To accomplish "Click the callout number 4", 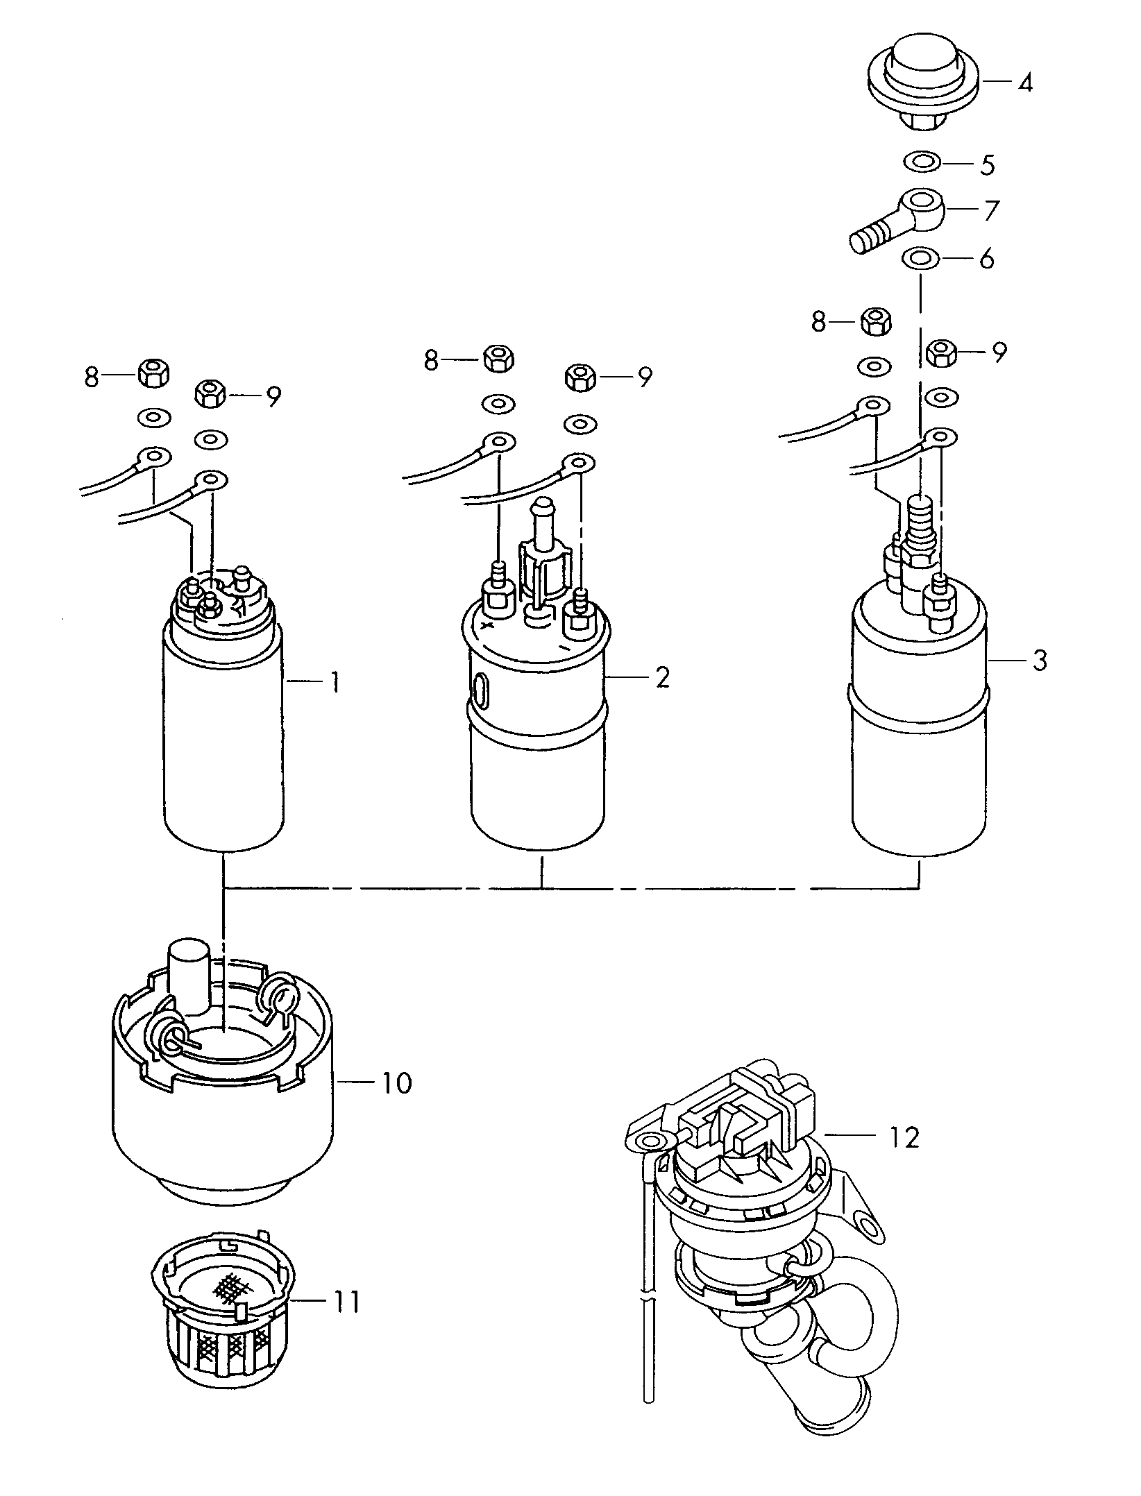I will point(1025,83).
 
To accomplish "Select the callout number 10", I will point(396,1082).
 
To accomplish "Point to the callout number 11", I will point(345,1302).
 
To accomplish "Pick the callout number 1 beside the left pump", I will point(335,683).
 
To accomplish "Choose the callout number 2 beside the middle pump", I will point(662,677).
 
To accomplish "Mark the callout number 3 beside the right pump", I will point(1039,660).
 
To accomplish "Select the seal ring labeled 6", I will point(920,260).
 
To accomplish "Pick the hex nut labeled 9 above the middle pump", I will point(581,377).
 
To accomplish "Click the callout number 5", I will point(987,165).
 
